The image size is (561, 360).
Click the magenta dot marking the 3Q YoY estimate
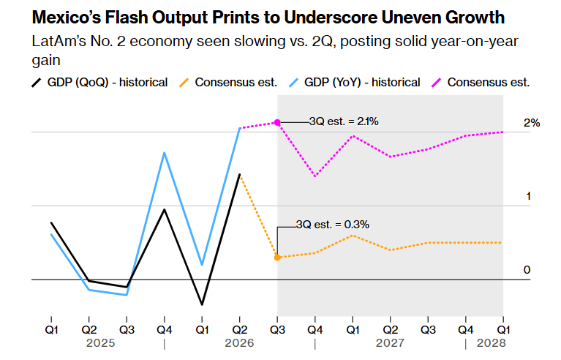277,123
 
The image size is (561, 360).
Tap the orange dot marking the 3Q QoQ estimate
277,258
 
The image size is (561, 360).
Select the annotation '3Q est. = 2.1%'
344,121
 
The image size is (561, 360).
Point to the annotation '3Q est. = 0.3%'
333,225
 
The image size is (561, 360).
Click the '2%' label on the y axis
532,123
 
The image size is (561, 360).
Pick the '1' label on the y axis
528,196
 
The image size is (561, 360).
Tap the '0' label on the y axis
527,270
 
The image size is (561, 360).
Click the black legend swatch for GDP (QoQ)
37,83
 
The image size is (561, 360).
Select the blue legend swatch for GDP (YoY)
293,83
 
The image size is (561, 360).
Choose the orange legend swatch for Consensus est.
184,83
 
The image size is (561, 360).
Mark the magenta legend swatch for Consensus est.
437,83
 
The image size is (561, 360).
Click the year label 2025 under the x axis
100,343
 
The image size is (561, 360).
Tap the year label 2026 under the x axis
239,343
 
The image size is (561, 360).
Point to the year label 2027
390,343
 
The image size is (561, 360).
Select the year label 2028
492,343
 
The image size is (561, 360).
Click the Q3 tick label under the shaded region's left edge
277,329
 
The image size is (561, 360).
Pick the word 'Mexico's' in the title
67,17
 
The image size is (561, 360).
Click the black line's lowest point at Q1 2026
202,304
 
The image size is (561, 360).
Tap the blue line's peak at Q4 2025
165,153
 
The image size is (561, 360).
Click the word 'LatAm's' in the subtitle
59,41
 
